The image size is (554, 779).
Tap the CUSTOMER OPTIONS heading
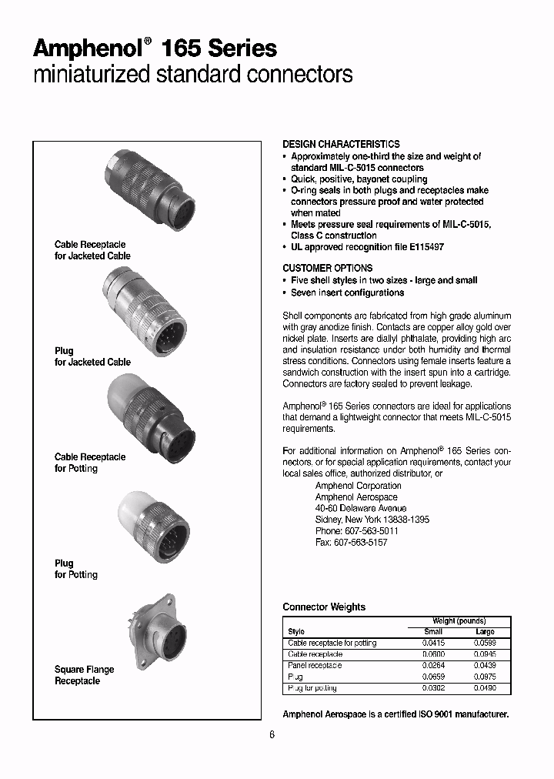point(327,268)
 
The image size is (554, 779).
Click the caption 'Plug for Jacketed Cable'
point(92,356)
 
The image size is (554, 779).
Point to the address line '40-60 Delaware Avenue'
point(361,509)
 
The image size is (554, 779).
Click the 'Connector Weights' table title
point(324,607)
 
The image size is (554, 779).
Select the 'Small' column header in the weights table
point(433,631)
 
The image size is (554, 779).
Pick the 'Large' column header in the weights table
point(485,631)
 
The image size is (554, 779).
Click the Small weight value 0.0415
point(433,643)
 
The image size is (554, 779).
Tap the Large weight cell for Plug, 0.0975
point(485,677)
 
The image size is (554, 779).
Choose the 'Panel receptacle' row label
point(315,665)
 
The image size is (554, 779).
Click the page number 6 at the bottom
point(272,734)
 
